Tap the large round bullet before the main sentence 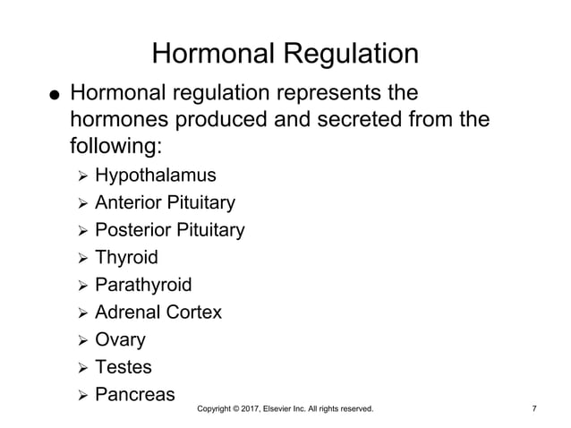(x=55, y=96)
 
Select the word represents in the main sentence (x=330, y=93)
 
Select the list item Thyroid (x=126, y=258)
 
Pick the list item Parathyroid (x=143, y=286)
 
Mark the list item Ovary (x=120, y=340)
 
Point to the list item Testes (x=124, y=367)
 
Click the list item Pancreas (x=135, y=394)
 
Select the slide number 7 (x=534, y=409)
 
